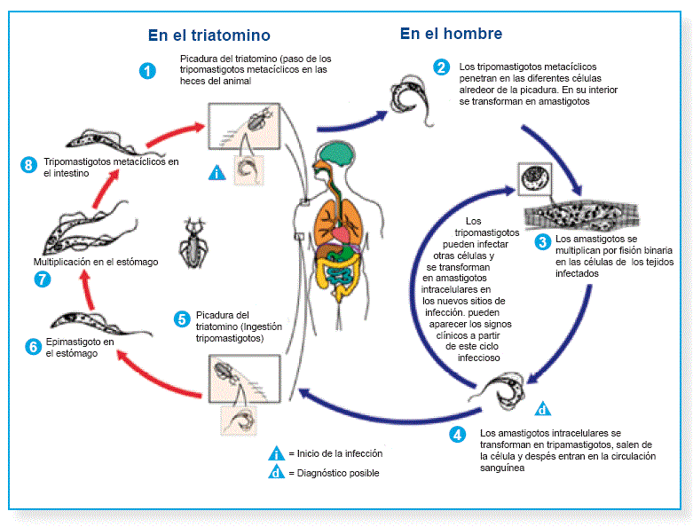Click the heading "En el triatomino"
click(209, 35)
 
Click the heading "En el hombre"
click(451, 34)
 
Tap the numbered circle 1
click(148, 70)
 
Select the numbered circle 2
click(441, 67)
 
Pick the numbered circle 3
click(542, 241)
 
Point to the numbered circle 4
click(457, 435)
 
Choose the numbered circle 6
click(33, 347)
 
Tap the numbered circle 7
click(41, 279)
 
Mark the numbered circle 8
click(29, 164)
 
